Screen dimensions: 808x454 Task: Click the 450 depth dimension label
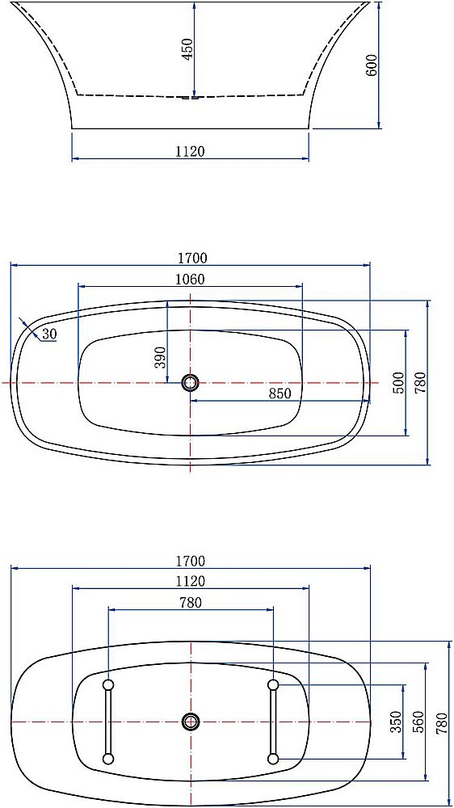(x=187, y=49)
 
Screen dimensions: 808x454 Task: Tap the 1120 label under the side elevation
(x=190, y=150)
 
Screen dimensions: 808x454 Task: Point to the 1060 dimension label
(x=190, y=280)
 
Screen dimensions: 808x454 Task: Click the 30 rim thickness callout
(x=49, y=334)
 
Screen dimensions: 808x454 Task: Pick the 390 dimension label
(x=160, y=356)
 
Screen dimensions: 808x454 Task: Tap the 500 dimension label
(x=397, y=383)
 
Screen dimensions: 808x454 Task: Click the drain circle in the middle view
(x=190, y=382)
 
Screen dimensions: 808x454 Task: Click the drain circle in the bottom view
(x=191, y=722)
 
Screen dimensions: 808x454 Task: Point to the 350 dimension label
(x=396, y=722)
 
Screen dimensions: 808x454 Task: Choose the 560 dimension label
(x=418, y=722)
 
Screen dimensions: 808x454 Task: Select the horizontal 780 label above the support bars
(x=190, y=602)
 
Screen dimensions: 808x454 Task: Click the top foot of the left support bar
(x=107, y=685)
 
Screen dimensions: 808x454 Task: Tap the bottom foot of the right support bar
(x=273, y=758)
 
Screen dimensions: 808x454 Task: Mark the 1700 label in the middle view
(x=192, y=258)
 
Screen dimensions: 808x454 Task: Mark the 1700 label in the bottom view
(x=190, y=561)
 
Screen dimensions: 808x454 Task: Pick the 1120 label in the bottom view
(x=190, y=581)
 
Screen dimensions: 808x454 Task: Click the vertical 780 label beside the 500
(x=420, y=383)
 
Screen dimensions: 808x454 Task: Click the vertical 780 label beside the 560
(x=440, y=722)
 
